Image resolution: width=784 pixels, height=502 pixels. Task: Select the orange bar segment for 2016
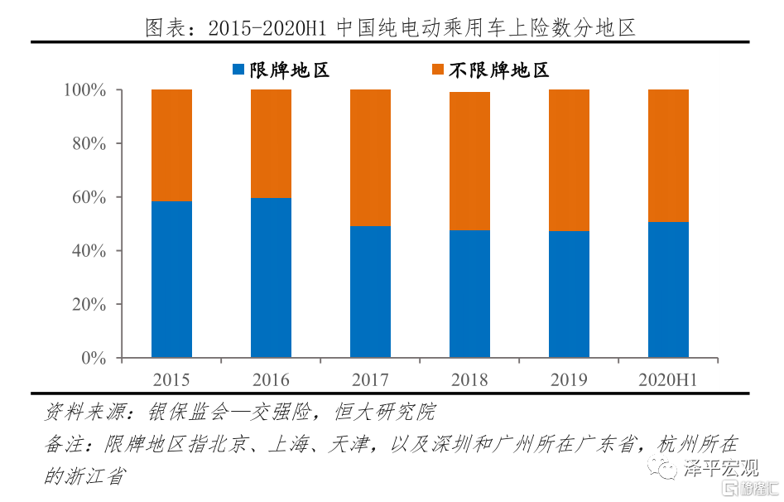click(271, 143)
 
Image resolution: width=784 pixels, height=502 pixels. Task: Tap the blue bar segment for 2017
click(370, 292)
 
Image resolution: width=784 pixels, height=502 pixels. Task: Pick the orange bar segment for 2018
click(469, 161)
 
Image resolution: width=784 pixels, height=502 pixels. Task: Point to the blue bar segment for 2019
click(569, 294)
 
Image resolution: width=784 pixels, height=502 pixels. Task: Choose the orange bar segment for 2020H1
click(668, 155)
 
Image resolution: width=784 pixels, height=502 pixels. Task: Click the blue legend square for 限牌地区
click(238, 70)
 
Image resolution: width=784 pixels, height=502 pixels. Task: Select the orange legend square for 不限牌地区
click(438, 70)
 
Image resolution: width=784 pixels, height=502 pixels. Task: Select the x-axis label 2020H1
click(668, 380)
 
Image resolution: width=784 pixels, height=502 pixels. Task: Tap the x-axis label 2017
click(370, 380)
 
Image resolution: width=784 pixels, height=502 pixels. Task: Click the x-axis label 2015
click(171, 380)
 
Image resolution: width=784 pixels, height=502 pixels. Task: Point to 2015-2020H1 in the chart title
click(264, 27)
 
